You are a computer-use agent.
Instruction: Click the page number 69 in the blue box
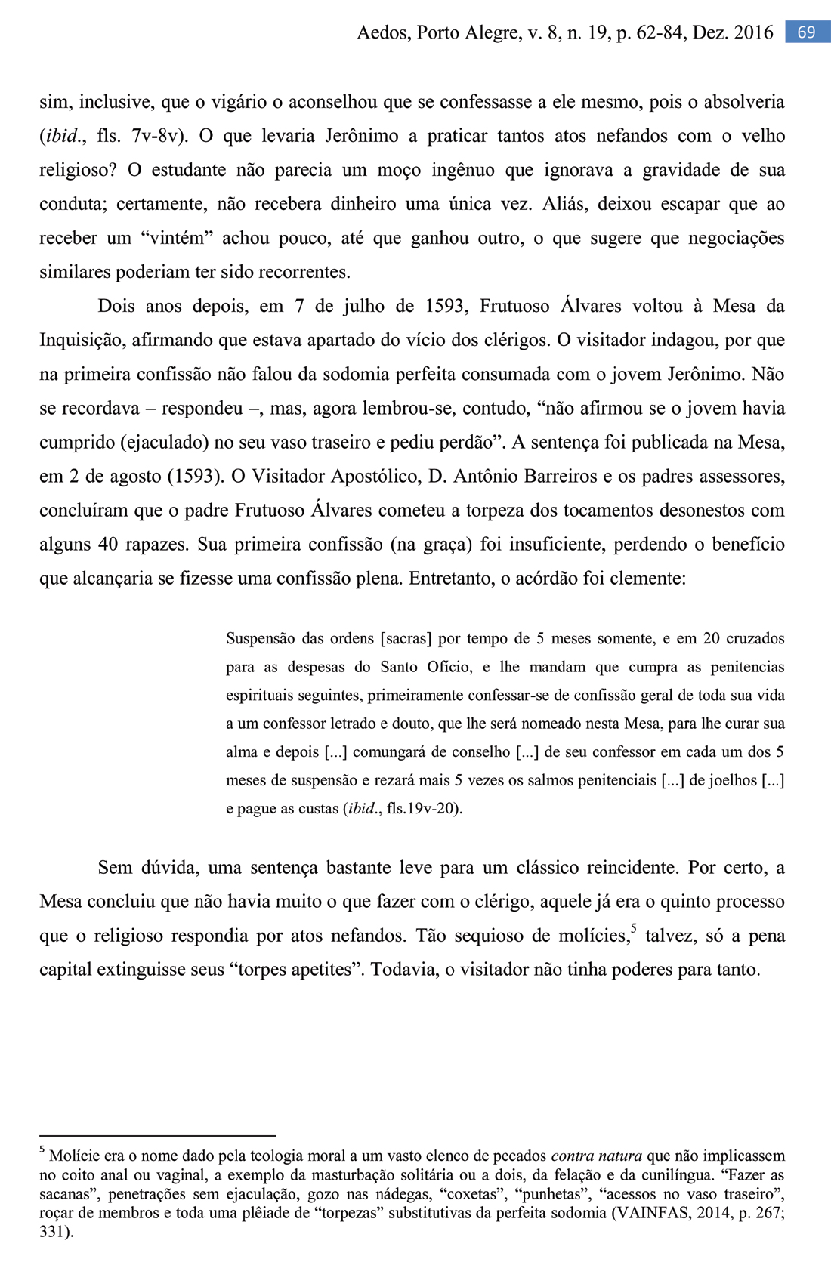[806, 32]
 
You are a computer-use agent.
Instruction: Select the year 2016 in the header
[753, 32]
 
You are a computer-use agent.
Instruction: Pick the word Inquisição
[82, 341]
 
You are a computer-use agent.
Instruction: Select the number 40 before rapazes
[108, 545]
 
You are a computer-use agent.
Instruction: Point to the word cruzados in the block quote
[755, 639]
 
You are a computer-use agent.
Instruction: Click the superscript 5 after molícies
[633, 929]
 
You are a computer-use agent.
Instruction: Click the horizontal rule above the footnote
[157, 1135]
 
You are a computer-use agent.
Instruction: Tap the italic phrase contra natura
[597, 1156]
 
